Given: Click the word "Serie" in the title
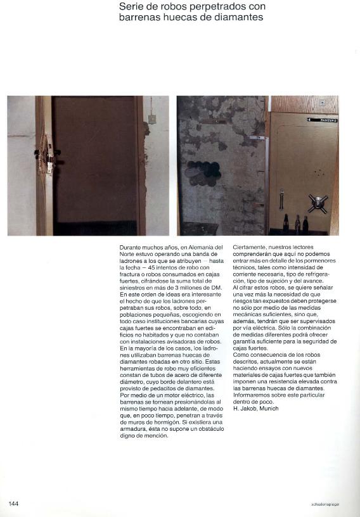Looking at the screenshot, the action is tap(131, 7).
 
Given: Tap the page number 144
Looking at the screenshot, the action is tap(13, 503).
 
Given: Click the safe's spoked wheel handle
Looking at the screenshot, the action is tap(317, 203).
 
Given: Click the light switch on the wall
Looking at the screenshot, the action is tap(151, 118).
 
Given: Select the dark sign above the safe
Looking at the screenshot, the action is tap(322, 119).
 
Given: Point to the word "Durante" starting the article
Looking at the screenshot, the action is tap(131, 246).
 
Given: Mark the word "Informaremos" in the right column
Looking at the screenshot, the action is tap(253, 395).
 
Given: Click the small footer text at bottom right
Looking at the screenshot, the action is tap(325, 504).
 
